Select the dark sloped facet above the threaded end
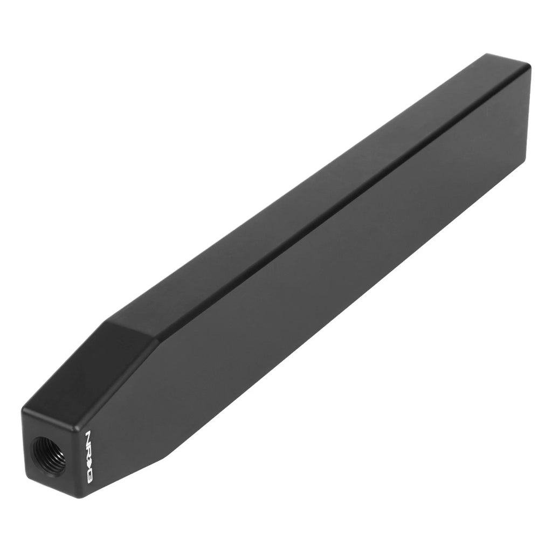click(87, 366)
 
